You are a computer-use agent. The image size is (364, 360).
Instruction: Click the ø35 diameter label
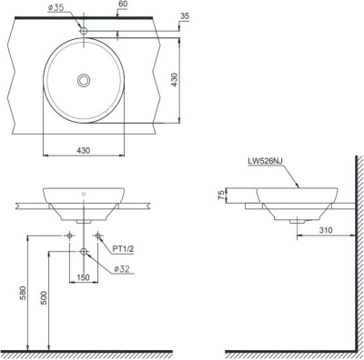coord(56,8)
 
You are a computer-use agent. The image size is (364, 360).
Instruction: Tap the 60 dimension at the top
coord(123,4)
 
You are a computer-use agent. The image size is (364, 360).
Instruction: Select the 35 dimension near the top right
coord(184,15)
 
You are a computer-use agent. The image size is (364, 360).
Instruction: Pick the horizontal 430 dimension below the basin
coord(84,150)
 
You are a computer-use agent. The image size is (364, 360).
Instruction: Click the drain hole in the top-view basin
coord(84,80)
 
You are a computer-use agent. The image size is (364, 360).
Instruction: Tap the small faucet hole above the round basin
coord(84,31)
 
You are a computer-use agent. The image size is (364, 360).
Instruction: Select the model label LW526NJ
coord(265,161)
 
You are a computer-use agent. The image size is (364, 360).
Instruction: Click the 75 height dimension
coord(222,195)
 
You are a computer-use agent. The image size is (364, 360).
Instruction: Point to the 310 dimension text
coord(326,230)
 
